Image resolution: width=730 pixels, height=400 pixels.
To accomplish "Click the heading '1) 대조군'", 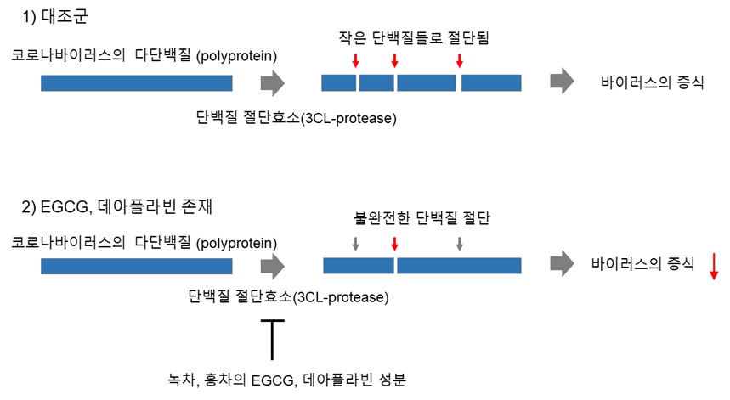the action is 55,17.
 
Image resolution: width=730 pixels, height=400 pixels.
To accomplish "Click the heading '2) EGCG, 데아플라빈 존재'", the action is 117,206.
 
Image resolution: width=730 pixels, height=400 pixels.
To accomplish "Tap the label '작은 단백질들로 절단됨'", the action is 414,37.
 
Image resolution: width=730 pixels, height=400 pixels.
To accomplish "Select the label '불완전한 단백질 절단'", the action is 422,217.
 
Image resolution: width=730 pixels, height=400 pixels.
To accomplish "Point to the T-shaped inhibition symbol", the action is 272,340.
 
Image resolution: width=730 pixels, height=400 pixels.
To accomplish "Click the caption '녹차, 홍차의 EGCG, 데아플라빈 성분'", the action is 286,380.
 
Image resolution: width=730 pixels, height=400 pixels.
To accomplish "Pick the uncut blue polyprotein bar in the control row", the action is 137,83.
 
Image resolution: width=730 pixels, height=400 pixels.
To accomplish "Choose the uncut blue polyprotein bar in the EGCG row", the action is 137,267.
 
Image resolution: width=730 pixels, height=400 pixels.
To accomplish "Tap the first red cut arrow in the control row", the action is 356,61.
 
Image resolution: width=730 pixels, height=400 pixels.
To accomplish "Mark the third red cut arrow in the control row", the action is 460,61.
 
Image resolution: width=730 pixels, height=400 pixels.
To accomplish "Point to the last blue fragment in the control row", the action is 491,82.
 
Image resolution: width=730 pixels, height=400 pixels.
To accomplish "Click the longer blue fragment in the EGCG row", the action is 459,266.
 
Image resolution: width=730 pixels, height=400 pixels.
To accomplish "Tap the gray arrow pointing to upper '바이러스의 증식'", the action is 562,81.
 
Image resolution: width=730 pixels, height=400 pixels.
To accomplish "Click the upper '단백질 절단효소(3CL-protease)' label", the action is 296,118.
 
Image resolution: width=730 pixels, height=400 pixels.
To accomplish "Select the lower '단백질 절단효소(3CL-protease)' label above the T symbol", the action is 288,296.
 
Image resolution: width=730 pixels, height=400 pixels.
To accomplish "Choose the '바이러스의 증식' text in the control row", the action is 652,82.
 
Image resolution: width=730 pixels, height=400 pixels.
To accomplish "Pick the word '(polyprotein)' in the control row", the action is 236,56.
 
